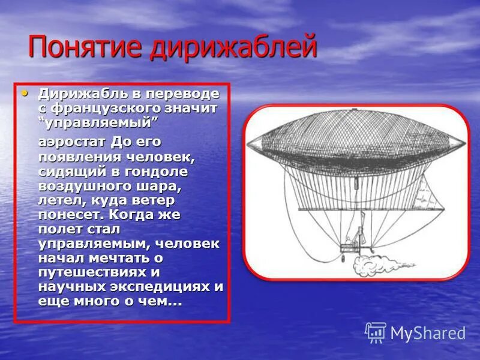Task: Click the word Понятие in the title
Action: coord(85,47)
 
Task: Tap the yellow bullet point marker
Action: coord(24,94)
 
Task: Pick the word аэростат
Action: coord(73,142)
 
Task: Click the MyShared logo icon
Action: coord(376,332)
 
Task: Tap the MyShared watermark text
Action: coord(428,333)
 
